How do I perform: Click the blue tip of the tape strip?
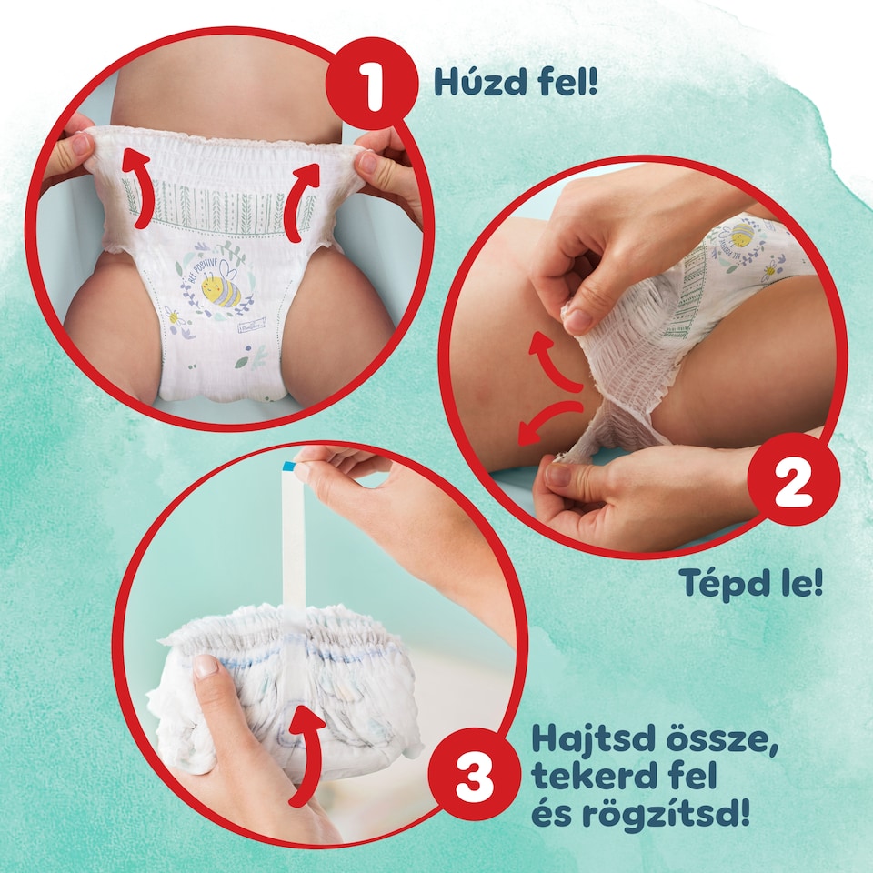tap(288, 466)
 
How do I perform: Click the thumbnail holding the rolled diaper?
tap(206, 667)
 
